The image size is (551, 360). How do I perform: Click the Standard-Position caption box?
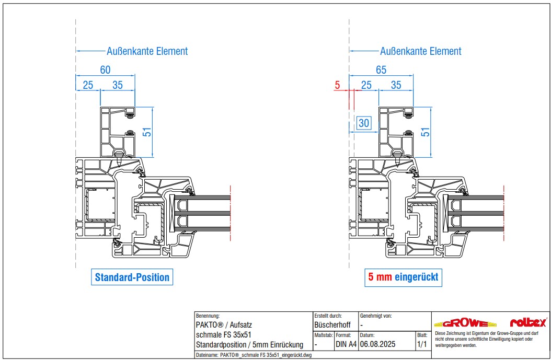[132, 277]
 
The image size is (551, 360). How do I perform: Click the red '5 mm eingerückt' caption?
[403, 277]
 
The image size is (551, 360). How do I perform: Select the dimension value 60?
[106, 70]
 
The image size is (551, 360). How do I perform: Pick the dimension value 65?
[381, 70]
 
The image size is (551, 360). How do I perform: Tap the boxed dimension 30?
[364, 123]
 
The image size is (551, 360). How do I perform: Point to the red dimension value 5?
[337, 85]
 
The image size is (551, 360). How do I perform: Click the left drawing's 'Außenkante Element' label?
[147, 51]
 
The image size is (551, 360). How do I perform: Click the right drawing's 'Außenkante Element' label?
[420, 51]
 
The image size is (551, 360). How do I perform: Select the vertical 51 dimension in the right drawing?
[426, 133]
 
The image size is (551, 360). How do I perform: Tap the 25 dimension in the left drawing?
[88, 85]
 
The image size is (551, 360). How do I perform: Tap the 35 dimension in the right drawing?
[396, 85]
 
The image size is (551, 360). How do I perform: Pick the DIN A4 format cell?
[346, 344]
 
